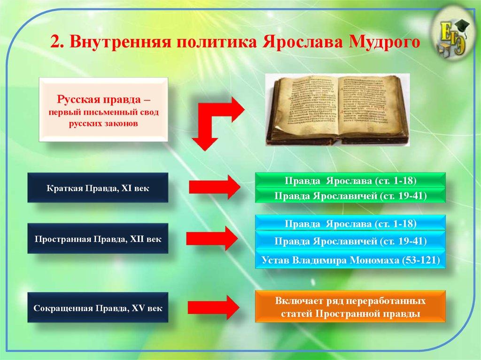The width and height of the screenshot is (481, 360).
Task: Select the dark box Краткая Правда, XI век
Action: tap(98, 188)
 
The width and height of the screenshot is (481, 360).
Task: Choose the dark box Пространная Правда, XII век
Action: tap(98, 238)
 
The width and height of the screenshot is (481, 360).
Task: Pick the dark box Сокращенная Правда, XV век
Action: tap(98, 308)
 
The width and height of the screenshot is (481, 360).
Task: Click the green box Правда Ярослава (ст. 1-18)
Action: tap(350, 180)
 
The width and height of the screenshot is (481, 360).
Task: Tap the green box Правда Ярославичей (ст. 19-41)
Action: tap(350, 195)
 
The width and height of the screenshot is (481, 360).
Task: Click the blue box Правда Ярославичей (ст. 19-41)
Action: tap(350, 241)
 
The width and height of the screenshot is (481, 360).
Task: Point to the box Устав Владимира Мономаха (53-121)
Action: tap(350, 260)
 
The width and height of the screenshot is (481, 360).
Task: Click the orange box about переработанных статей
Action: tap(350, 306)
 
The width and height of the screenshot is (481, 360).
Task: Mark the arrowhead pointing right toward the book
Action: tap(235, 109)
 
